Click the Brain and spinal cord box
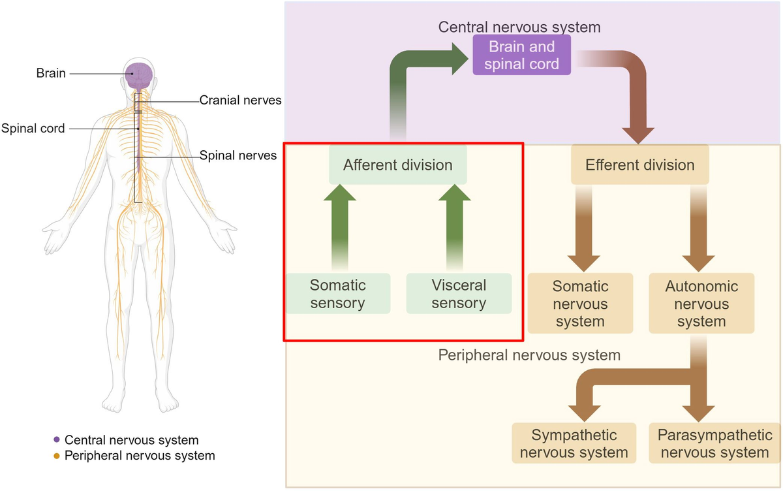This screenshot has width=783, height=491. (522, 55)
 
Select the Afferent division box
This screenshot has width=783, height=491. (397, 165)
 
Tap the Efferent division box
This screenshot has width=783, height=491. (639, 165)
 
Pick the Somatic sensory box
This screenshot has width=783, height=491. (337, 294)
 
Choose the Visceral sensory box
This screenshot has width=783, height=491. (459, 294)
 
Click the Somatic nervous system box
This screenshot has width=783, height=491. (580, 304)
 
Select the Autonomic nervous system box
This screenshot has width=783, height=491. (701, 304)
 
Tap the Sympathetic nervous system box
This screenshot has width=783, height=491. (574, 444)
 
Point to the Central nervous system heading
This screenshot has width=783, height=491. (519, 27)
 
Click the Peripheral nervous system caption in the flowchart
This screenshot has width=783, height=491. (529, 356)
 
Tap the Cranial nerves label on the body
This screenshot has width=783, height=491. (240, 101)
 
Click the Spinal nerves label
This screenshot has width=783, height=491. (238, 155)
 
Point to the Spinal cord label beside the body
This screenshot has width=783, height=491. (33, 129)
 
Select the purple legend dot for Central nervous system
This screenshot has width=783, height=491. (57, 440)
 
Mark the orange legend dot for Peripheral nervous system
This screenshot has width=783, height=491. (57, 456)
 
